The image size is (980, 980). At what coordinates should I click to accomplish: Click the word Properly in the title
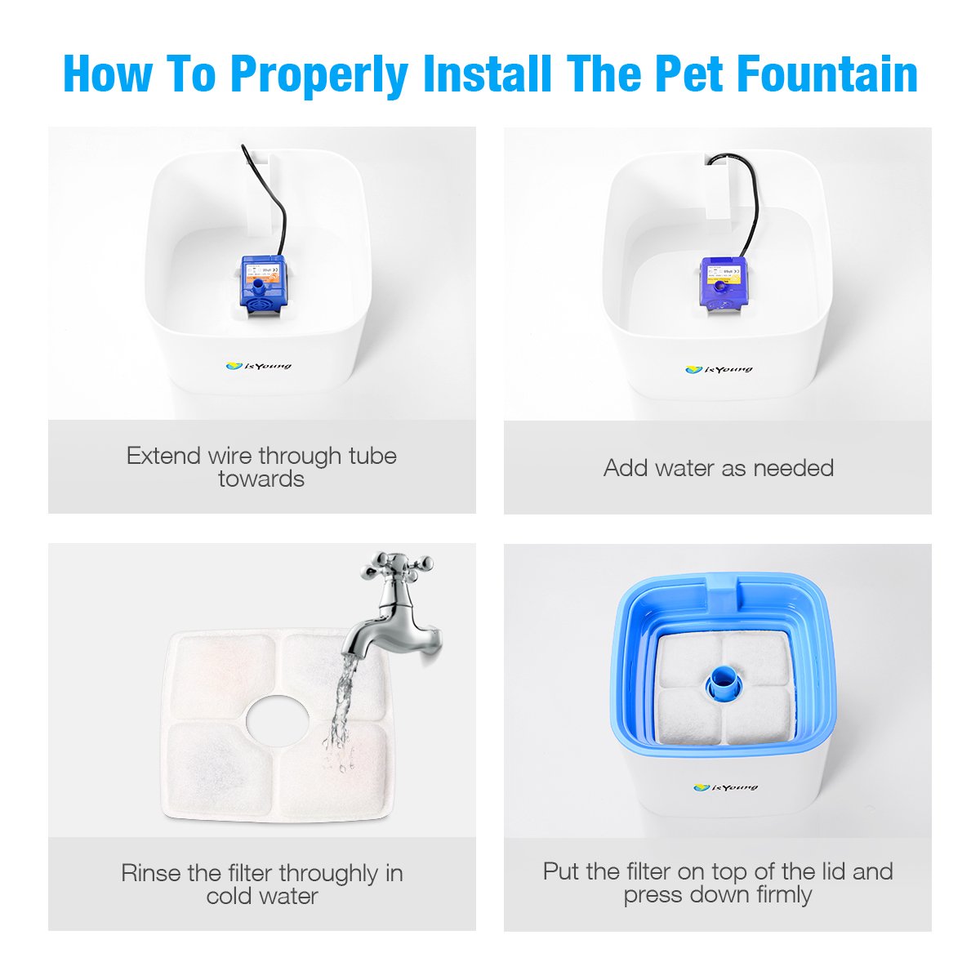pyautogui.click(x=318, y=75)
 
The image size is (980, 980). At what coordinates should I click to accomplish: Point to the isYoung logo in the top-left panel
pyautogui.click(x=258, y=367)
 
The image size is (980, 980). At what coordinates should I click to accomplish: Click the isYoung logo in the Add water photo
pyautogui.click(x=719, y=370)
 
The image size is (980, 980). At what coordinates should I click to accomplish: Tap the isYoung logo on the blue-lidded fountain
pyautogui.click(x=725, y=787)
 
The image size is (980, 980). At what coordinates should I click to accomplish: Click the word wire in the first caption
pyautogui.click(x=230, y=456)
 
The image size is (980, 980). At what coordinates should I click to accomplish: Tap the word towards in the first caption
pyautogui.click(x=261, y=479)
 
